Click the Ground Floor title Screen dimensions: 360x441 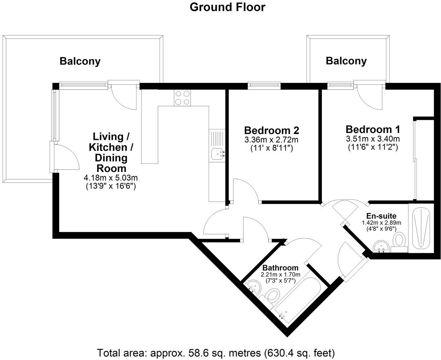227,7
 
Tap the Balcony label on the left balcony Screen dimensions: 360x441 80,61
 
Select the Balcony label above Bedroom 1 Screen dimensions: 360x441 346,61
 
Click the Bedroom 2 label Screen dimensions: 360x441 272,130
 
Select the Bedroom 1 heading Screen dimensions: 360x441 373,129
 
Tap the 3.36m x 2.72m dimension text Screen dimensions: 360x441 272,140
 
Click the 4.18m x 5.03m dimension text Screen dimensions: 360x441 111,178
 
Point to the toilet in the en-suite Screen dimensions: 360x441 400,241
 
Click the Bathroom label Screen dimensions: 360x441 280,268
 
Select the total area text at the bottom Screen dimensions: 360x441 216,353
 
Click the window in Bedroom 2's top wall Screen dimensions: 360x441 264,86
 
